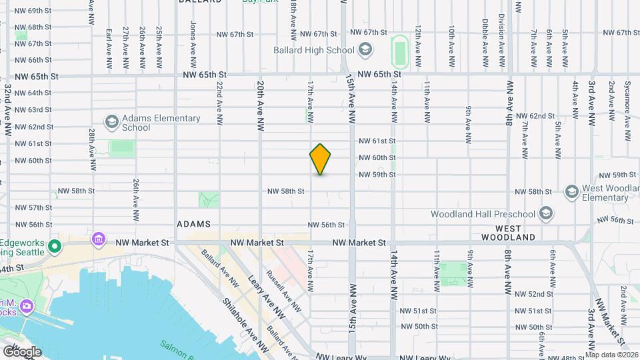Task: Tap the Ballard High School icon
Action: [x=365, y=50]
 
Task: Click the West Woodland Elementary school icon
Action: [x=571, y=192]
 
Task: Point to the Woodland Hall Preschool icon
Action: [x=546, y=214]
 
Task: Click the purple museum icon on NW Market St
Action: [x=99, y=239]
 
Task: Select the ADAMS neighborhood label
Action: [x=194, y=225]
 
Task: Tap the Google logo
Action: [x=21, y=351]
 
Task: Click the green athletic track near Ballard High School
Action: [x=400, y=51]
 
